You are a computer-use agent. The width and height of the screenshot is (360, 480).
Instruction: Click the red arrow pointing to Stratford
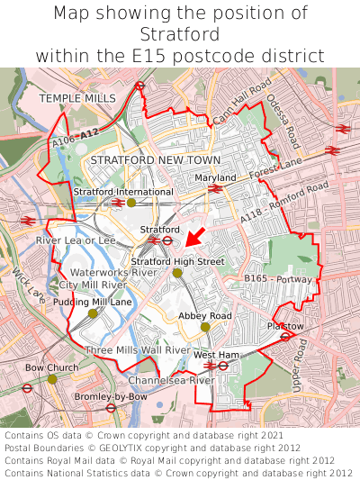(x=195, y=237)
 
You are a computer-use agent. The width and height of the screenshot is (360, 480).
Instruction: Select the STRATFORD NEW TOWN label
(x=142, y=159)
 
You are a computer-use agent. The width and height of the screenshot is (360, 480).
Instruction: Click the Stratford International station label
(x=123, y=192)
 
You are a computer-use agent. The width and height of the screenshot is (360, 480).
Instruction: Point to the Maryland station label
(x=215, y=178)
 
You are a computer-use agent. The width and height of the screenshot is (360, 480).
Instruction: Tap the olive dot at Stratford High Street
(x=177, y=273)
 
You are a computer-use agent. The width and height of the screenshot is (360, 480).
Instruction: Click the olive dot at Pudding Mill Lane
(x=93, y=313)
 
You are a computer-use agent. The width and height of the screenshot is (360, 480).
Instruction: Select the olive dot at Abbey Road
(x=205, y=327)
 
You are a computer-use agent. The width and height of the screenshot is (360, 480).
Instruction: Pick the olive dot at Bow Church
(x=52, y=379)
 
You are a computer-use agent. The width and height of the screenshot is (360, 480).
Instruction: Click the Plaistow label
(x=285, y=325)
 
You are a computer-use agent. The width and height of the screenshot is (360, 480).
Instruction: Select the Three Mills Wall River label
(x=137, y=349)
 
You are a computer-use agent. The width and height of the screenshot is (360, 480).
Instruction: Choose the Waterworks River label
(x=113, y=271)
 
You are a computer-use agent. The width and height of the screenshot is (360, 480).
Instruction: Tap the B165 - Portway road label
(x=279, y=279)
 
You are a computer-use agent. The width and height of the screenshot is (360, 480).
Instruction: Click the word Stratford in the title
(x=180, y=34)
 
